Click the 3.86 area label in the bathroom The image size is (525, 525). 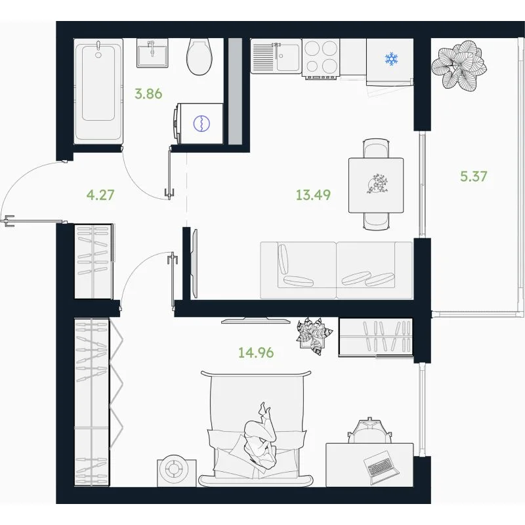148,94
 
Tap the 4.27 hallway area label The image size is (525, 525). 100,194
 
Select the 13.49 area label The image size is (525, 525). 314,194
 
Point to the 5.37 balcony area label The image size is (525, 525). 474,176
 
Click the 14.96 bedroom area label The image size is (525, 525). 256,352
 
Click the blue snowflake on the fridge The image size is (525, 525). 391,59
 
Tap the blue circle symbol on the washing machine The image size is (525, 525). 201,123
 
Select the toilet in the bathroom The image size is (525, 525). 199,56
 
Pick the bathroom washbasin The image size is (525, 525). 152,53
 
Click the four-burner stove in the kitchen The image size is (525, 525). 321,58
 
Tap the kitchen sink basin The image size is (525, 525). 288,58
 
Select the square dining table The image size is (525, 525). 376,185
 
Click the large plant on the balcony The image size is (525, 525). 459,66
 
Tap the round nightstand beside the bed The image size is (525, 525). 177,472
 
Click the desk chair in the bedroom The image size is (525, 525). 369,430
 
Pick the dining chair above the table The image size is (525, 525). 376,148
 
